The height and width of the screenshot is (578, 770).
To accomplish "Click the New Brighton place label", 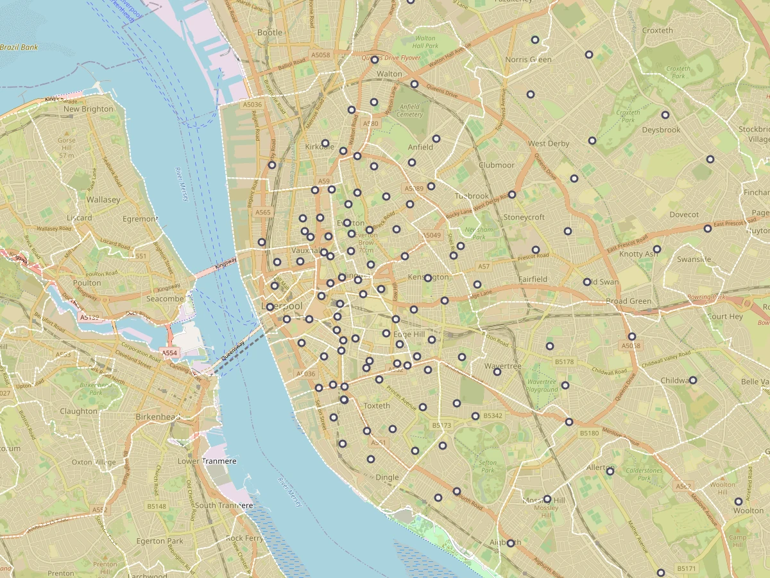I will coord(89,109).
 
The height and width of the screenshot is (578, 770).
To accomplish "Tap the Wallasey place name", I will coord(103,200).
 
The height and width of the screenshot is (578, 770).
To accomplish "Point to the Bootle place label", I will coord(269,32).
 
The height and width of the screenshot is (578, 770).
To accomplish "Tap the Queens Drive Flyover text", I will coord(391,58).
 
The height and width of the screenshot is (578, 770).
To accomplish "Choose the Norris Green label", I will coord(528,60).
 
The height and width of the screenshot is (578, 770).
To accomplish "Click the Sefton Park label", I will coord(488,466).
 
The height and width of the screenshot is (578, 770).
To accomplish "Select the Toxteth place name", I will coord(377,406).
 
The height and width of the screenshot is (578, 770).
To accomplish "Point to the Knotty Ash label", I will coord(638,254).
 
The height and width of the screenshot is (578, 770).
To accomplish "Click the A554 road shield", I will coord(169,353).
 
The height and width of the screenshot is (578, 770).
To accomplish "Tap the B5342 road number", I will coord(493,416).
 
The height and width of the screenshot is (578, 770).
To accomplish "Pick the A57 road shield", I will coord(484,266).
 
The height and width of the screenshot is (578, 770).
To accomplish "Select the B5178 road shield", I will coord(565,362).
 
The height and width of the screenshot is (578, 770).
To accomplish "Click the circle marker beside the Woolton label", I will coord(739,502).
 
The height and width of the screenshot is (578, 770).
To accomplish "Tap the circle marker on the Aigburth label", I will coord(511,543).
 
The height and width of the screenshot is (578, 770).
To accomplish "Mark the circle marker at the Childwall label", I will coord(693,380).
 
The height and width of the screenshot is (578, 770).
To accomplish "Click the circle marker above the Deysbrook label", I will coord(665,115).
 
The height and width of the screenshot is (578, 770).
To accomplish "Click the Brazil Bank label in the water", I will coord(19,48).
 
